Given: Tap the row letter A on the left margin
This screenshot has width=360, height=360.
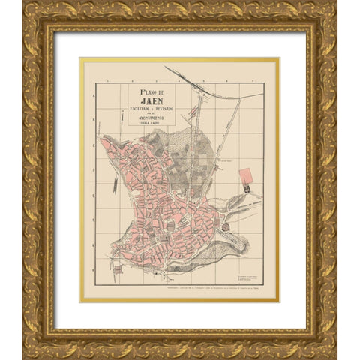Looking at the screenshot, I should [94, 96].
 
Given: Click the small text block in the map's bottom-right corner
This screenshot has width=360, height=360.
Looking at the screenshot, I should [251, 279].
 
